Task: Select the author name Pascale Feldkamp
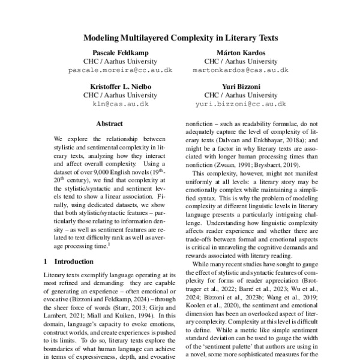click(112, 53)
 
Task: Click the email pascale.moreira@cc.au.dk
click(112, 70)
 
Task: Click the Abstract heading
click(112, 125)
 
